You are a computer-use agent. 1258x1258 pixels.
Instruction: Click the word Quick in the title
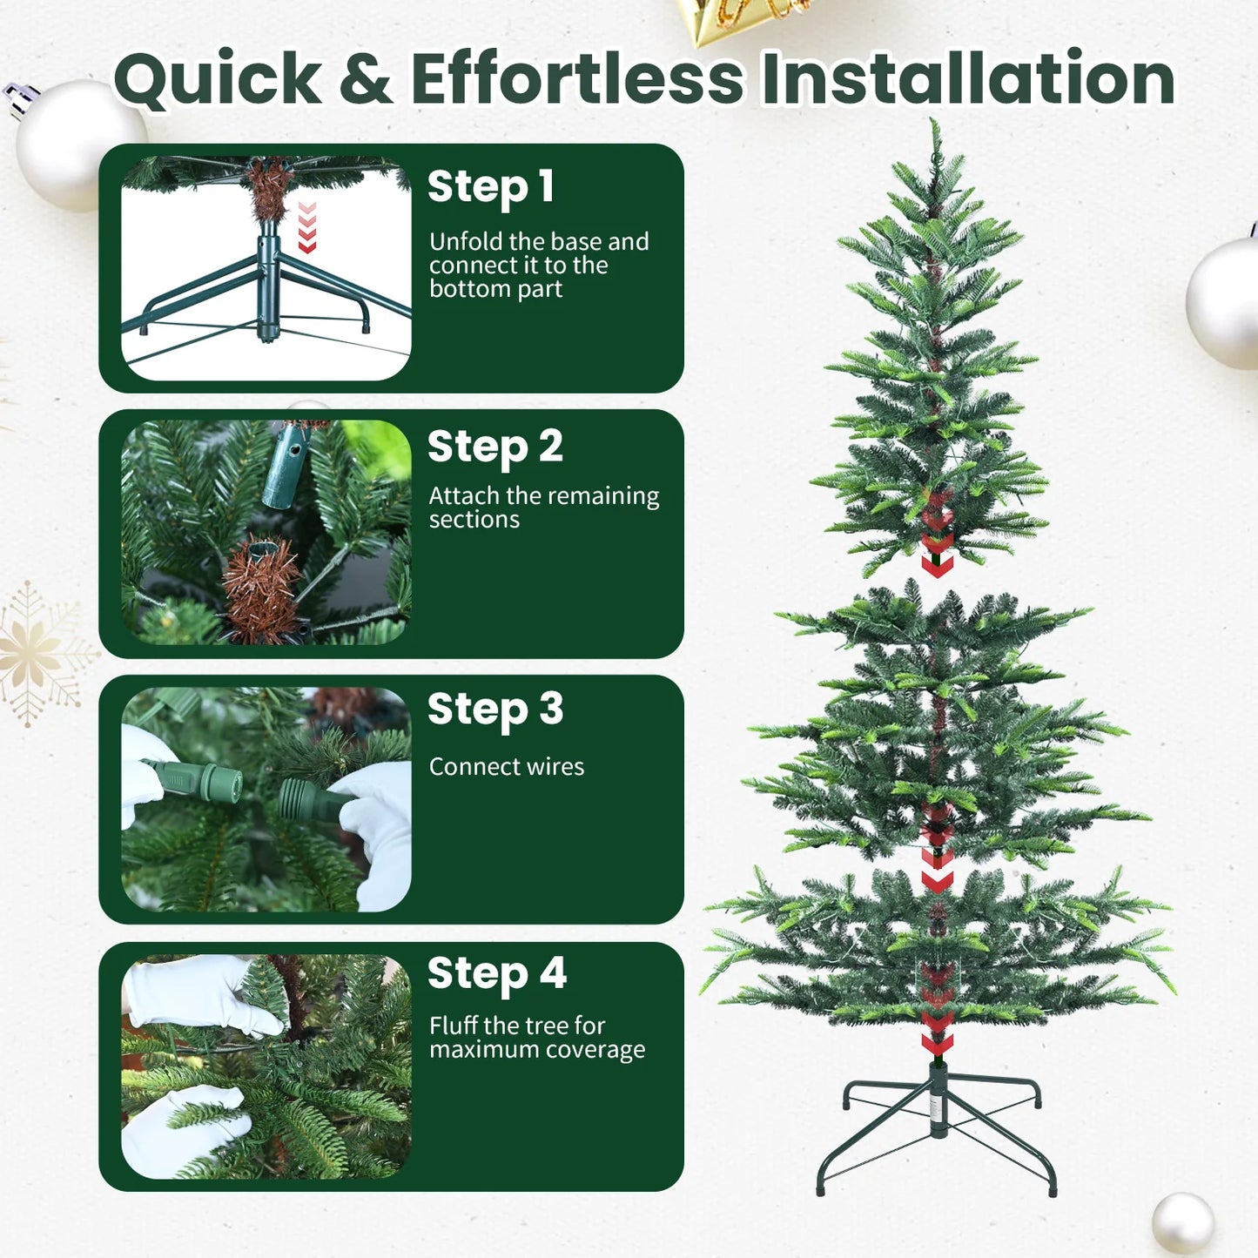click(218, 80)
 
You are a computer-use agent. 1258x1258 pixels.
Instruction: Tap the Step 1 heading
click(490, 187)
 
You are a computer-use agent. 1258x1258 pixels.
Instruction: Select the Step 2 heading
click(494, 447)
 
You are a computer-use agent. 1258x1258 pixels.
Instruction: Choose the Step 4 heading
click(496, 974)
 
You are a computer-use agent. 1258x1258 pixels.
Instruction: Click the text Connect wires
click(506, 767)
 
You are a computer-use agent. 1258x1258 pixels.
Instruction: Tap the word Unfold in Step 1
click(466, 241)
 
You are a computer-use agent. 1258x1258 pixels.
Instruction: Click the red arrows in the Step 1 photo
click(307, 227)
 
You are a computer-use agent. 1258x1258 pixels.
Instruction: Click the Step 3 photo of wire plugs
click(266, 799)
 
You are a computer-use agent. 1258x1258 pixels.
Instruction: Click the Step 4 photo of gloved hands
click(266, 1066)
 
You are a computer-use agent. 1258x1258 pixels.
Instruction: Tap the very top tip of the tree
click(936, 126)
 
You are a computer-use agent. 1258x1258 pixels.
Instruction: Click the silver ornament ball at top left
click(78, 144)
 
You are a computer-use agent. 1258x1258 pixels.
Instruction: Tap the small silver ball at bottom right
click(1182, 1223)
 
